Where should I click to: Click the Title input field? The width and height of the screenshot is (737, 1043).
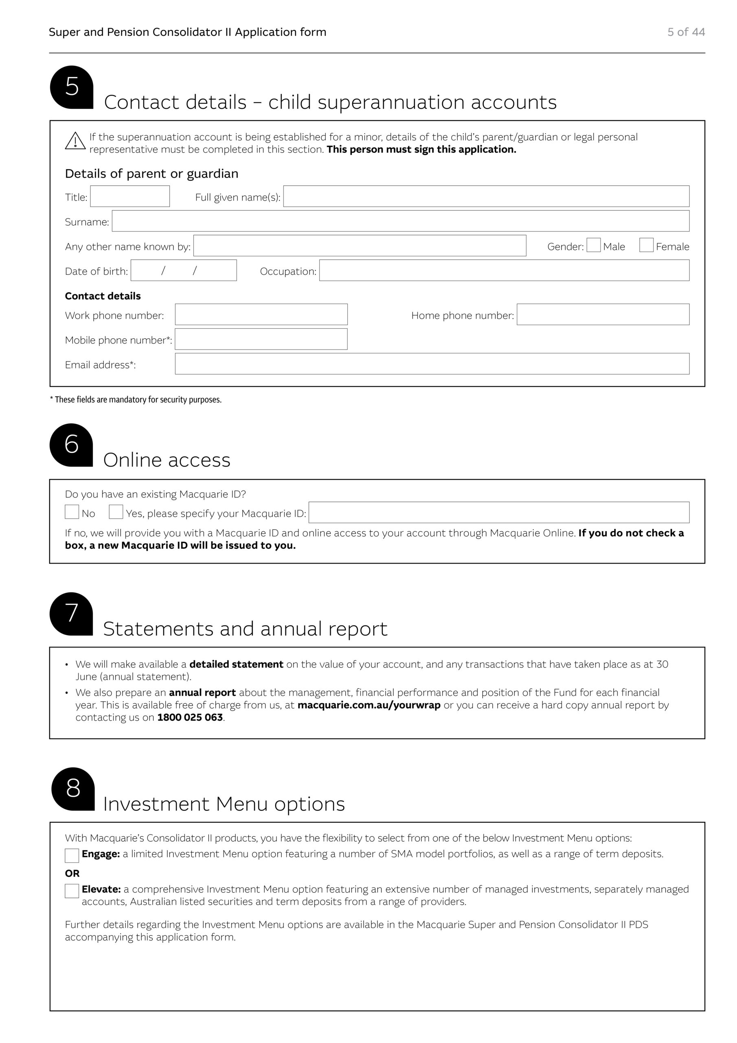(130, 196)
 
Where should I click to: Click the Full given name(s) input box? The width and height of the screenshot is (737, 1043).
(486, 196)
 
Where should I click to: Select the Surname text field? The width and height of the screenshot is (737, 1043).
(401, 221)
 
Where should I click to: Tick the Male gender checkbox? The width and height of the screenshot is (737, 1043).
(594, 245)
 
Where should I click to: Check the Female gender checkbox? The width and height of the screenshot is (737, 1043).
(646, 245)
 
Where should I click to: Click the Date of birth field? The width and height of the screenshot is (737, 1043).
(184, 270)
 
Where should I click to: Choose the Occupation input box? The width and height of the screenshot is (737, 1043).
(504, 270)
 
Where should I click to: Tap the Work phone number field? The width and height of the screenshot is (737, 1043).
(261, 315)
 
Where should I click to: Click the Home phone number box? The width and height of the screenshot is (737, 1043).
(603, 315)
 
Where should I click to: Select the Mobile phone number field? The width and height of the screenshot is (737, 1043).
(261, 339)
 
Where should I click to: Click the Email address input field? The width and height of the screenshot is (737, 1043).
(432, 364)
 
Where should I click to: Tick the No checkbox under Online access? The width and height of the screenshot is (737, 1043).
(72, 512)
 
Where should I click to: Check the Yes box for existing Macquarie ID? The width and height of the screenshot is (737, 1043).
(116, 512)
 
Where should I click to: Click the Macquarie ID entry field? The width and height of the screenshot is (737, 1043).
(499, 513)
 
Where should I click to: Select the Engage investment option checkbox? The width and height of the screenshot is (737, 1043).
(72, 856)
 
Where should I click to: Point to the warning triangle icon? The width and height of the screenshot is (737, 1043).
(75, 141)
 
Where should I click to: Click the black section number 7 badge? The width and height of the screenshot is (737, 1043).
(71, 613)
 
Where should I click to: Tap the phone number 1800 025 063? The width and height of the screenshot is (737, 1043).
(190, 717)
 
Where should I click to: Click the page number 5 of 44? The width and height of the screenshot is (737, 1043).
(686, 32)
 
